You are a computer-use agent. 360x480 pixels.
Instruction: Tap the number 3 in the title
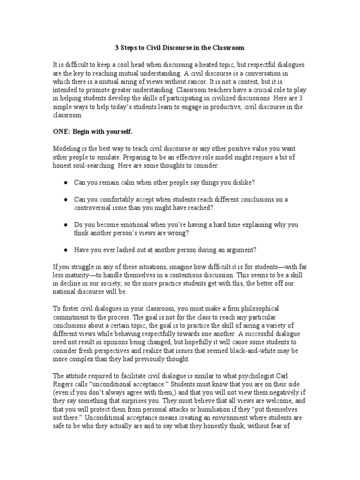(117, 48)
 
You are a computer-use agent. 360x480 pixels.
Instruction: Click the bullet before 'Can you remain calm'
(66, 183)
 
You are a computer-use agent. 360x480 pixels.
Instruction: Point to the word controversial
(96, 208)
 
